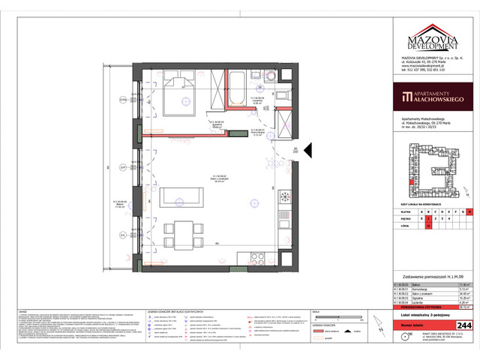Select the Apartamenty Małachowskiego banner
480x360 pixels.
[x=433, y=97]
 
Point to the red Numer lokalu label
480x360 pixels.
[x=415, y=325]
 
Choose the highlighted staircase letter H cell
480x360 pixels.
[x=470, y=212]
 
